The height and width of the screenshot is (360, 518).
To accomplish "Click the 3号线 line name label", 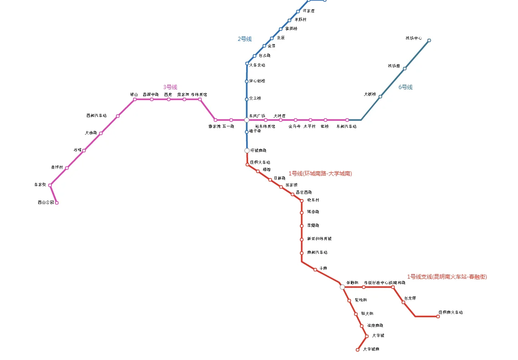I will pos(170,87).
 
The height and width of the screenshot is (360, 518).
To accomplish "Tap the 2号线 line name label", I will pos(244,39).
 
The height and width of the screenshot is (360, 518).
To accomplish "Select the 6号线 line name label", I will pos(405,87).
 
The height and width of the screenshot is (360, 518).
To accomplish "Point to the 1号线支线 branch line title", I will pos(447,276).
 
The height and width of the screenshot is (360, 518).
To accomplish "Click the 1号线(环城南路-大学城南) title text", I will pos(320,174).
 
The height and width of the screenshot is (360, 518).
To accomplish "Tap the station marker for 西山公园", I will pos(57,203).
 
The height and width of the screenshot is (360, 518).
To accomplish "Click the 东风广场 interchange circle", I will pos(247,120).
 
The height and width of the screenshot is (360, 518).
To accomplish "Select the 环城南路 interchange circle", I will pos(247,150).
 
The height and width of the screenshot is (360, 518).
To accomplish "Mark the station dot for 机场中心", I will pos(429,40).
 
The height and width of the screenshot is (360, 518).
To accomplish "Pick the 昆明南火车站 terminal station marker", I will pos(438,316).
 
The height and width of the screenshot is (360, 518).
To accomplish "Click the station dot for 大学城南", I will pos(358,350).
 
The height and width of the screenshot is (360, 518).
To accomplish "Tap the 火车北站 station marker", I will pos(247,63).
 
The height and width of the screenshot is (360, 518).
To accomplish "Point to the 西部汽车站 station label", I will pos(96,116).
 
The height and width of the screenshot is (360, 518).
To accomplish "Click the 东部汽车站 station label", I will pos(346,126).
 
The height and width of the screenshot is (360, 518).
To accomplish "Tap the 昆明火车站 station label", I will pos(260,162).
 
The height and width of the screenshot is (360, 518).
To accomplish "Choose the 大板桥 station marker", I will pos(380,96).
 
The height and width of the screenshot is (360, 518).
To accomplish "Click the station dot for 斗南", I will pos(315,270).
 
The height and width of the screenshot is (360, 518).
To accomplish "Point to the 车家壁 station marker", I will pos(50,185).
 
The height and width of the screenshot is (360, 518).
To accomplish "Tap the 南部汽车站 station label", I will pos(317,252).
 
